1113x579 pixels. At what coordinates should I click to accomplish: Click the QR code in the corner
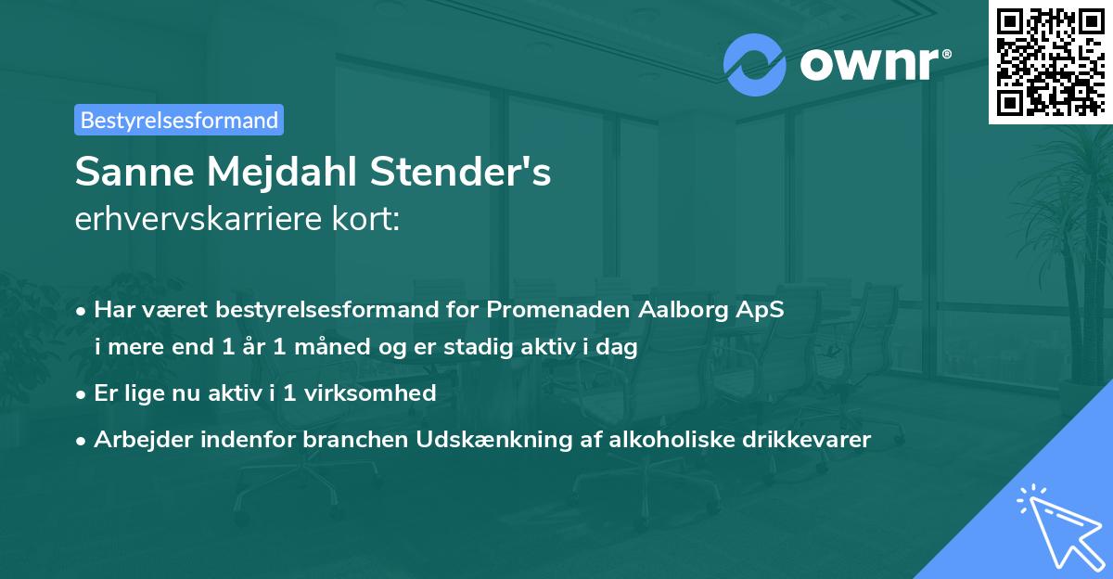(1050, 61)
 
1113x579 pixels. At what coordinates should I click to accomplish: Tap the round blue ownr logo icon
(755, 64)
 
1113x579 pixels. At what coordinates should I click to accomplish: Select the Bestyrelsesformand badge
(179, 120)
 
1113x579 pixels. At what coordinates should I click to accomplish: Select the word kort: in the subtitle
(367, 219)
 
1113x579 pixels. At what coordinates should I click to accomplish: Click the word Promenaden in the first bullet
(565, 310)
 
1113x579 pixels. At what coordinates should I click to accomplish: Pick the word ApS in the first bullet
(761, 310)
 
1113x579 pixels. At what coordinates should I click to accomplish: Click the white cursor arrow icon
(1054, 527)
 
